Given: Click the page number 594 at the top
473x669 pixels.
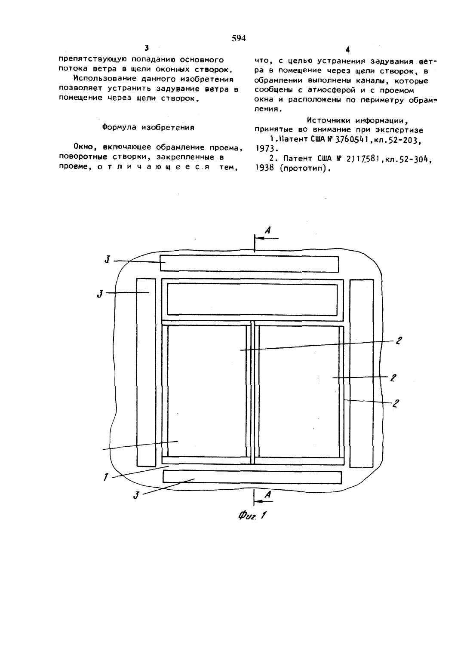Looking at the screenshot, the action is coord(239,38).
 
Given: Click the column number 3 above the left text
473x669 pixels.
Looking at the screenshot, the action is coord(146,48).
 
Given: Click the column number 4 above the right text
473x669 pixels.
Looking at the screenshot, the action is coord(347,49).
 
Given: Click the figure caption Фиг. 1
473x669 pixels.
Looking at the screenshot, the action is coord(252,515).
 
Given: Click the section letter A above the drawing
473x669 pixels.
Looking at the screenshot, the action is coord(268,230).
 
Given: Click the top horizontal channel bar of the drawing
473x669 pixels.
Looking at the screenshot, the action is coord(249,264).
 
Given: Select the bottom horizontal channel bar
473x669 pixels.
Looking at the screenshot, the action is coord(252,477).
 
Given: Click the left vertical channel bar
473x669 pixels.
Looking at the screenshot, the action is coord(146,372).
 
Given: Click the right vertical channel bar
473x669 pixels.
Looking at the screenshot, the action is coord(362,373).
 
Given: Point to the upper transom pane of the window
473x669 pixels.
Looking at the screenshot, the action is coord(252,299).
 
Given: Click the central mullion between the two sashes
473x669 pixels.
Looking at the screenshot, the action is coord(253,393).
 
